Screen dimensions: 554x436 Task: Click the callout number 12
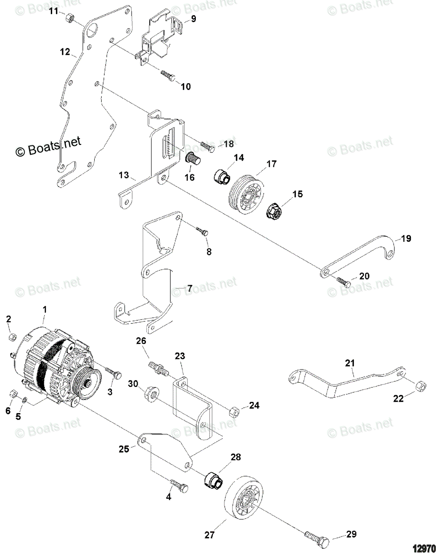point(64,52)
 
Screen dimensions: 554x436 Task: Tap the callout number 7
point(189,289)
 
